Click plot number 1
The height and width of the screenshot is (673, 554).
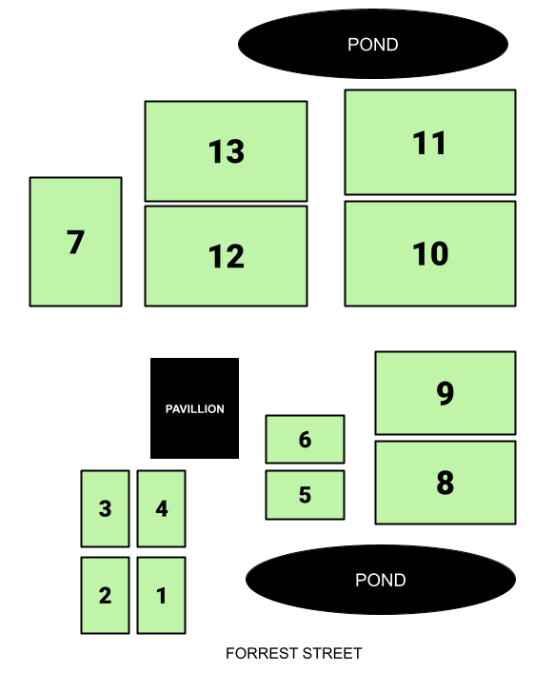(x=162, y=595)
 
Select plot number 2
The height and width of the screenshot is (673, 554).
(x=105, y=595)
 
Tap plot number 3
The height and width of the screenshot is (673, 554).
(x=105, y=508)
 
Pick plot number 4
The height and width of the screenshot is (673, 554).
(x=162, y=508)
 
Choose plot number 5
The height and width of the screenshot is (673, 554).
(x=306, y=495)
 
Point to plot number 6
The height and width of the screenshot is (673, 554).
(x=306, y=439)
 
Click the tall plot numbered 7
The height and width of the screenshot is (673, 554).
(x=75, y=242)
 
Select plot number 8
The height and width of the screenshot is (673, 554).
(x=445, y=483)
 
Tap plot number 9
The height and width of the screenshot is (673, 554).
(x=445, y=393)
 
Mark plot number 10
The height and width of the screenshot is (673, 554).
(x=430, y=253)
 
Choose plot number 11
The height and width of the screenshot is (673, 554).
(x=430, y=143)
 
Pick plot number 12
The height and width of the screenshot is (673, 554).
(x=227, y=256)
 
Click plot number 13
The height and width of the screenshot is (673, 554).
(x=227, y=151)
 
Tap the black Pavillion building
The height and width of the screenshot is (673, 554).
(x=194, y=408)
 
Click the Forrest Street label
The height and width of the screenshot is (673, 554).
(x=294, y=653)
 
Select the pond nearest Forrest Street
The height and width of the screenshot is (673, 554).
(x=381, y=580)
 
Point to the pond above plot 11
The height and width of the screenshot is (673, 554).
(x=373, y=44)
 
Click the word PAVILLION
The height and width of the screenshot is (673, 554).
(x=195, y=408)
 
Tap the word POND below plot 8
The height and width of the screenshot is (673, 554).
(x=381, y=581)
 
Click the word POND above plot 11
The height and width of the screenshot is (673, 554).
(x=373, y=45)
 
